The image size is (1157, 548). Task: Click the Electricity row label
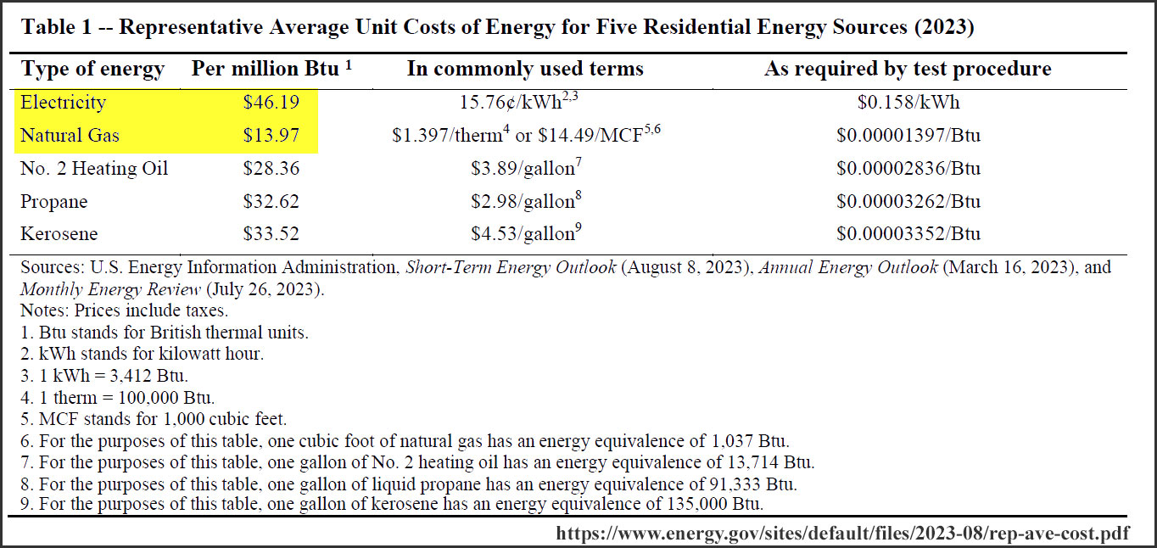point(64,103)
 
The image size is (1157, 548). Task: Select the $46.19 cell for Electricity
point(271,103)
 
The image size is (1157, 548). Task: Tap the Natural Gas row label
point(70,136)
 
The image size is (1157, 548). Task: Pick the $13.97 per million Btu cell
point(271,136)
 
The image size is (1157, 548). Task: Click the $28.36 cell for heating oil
point(271,169)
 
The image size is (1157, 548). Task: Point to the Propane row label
point(53,202)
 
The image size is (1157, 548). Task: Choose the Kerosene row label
point(59,234)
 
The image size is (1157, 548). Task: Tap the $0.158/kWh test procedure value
point(908,103)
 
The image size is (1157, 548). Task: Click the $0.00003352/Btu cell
point(908,234)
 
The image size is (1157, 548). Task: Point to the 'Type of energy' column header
point(92,70)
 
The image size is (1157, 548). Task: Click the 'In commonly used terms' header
point(525,70)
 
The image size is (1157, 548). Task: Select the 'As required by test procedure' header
point(908,70)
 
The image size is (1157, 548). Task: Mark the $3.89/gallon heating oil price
point(523,169)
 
